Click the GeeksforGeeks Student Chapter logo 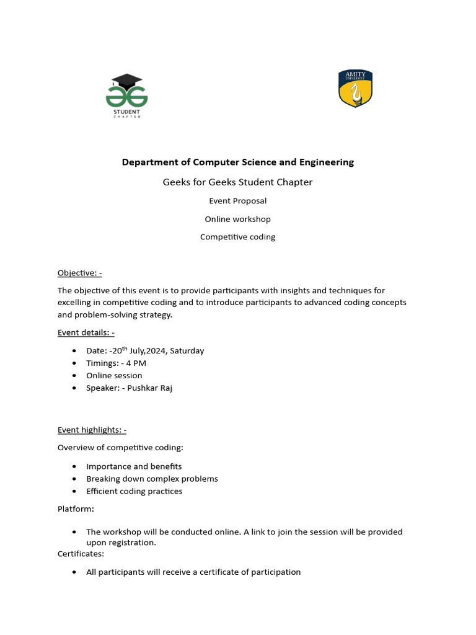pos(126,97)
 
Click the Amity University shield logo pos(355,89)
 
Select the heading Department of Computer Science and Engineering pos(237,162)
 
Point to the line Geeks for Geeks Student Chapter pos(237,182)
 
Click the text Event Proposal pos(237,201)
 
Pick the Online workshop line pos(237,219)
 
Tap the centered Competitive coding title pos(237,237)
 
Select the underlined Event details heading pos(86,332)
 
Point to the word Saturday pos(187,351)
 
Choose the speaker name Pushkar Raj pos(150,388)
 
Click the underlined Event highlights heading pos(92,430)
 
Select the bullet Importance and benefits pos(134,466)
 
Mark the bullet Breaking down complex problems pos(152,479)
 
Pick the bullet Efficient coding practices pos(134,491)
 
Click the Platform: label pos(76,508)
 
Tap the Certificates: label pos(81,553)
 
